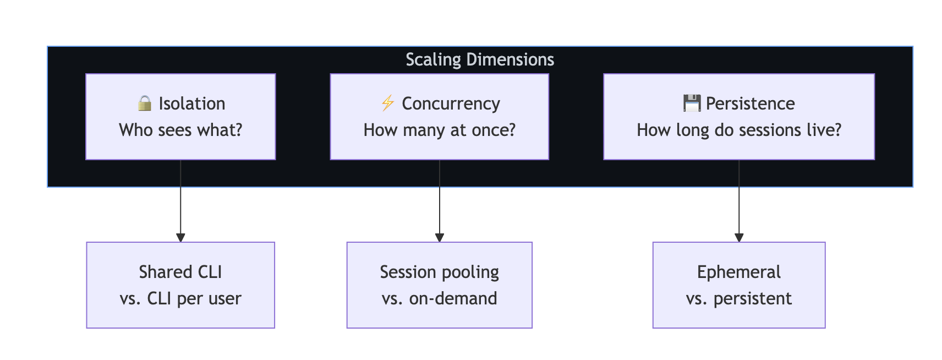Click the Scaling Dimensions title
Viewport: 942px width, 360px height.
(x=479, y=59)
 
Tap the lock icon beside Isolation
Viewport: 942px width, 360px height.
(x=145, y=103)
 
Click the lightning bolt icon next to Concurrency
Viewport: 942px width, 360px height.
(x=387, y=103)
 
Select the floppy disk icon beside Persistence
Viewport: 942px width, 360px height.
(x=692, y=103)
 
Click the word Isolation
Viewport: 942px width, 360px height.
(x=192, y=103)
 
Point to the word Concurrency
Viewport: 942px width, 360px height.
(x=451, y=103)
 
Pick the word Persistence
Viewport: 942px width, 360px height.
(x=750, y=103)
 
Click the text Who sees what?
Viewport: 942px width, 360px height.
(x=180, y=130)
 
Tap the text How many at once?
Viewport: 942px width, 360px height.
(x=439, y=130)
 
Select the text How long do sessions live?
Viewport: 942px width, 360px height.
(x=738, y=130)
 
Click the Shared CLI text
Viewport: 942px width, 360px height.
(x=180, y=272)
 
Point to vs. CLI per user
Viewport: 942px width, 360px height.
(x=180, y=298)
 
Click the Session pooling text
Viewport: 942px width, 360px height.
(x=439, y=272)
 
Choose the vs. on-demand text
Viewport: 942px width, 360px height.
(x=439, y=298)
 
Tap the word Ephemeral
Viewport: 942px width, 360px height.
(x=738, y=272)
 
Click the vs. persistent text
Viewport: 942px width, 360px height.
(x=738, y=298)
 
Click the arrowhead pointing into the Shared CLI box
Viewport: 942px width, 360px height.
(x=180, y=238)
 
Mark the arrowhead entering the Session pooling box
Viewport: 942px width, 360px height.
(x=439, y=238)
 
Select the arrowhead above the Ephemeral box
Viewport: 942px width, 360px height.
(x=739, y=238)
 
